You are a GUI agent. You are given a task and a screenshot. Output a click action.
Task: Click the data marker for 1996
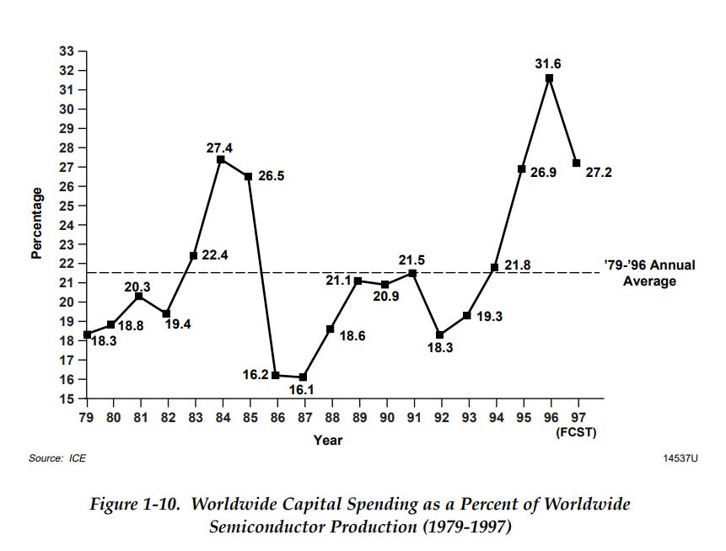[549, 78]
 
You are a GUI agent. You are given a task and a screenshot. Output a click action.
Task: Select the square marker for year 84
[221, 159]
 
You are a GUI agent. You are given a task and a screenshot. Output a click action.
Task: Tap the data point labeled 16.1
[303, 377]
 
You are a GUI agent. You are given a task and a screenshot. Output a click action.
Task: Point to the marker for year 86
[276, 375]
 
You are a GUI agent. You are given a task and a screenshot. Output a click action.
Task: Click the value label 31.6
[549, 62]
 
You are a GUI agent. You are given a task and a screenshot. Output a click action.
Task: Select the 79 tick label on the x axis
[87, 418]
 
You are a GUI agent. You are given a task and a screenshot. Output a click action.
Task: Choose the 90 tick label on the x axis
[385, 418]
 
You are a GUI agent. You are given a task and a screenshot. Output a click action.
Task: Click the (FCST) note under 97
[576, 431]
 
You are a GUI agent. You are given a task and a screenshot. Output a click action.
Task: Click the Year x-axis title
[328, 439]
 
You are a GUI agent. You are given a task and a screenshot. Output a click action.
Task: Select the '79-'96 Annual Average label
[649, 273]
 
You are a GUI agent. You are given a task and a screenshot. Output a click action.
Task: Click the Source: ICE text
[57, 458]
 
